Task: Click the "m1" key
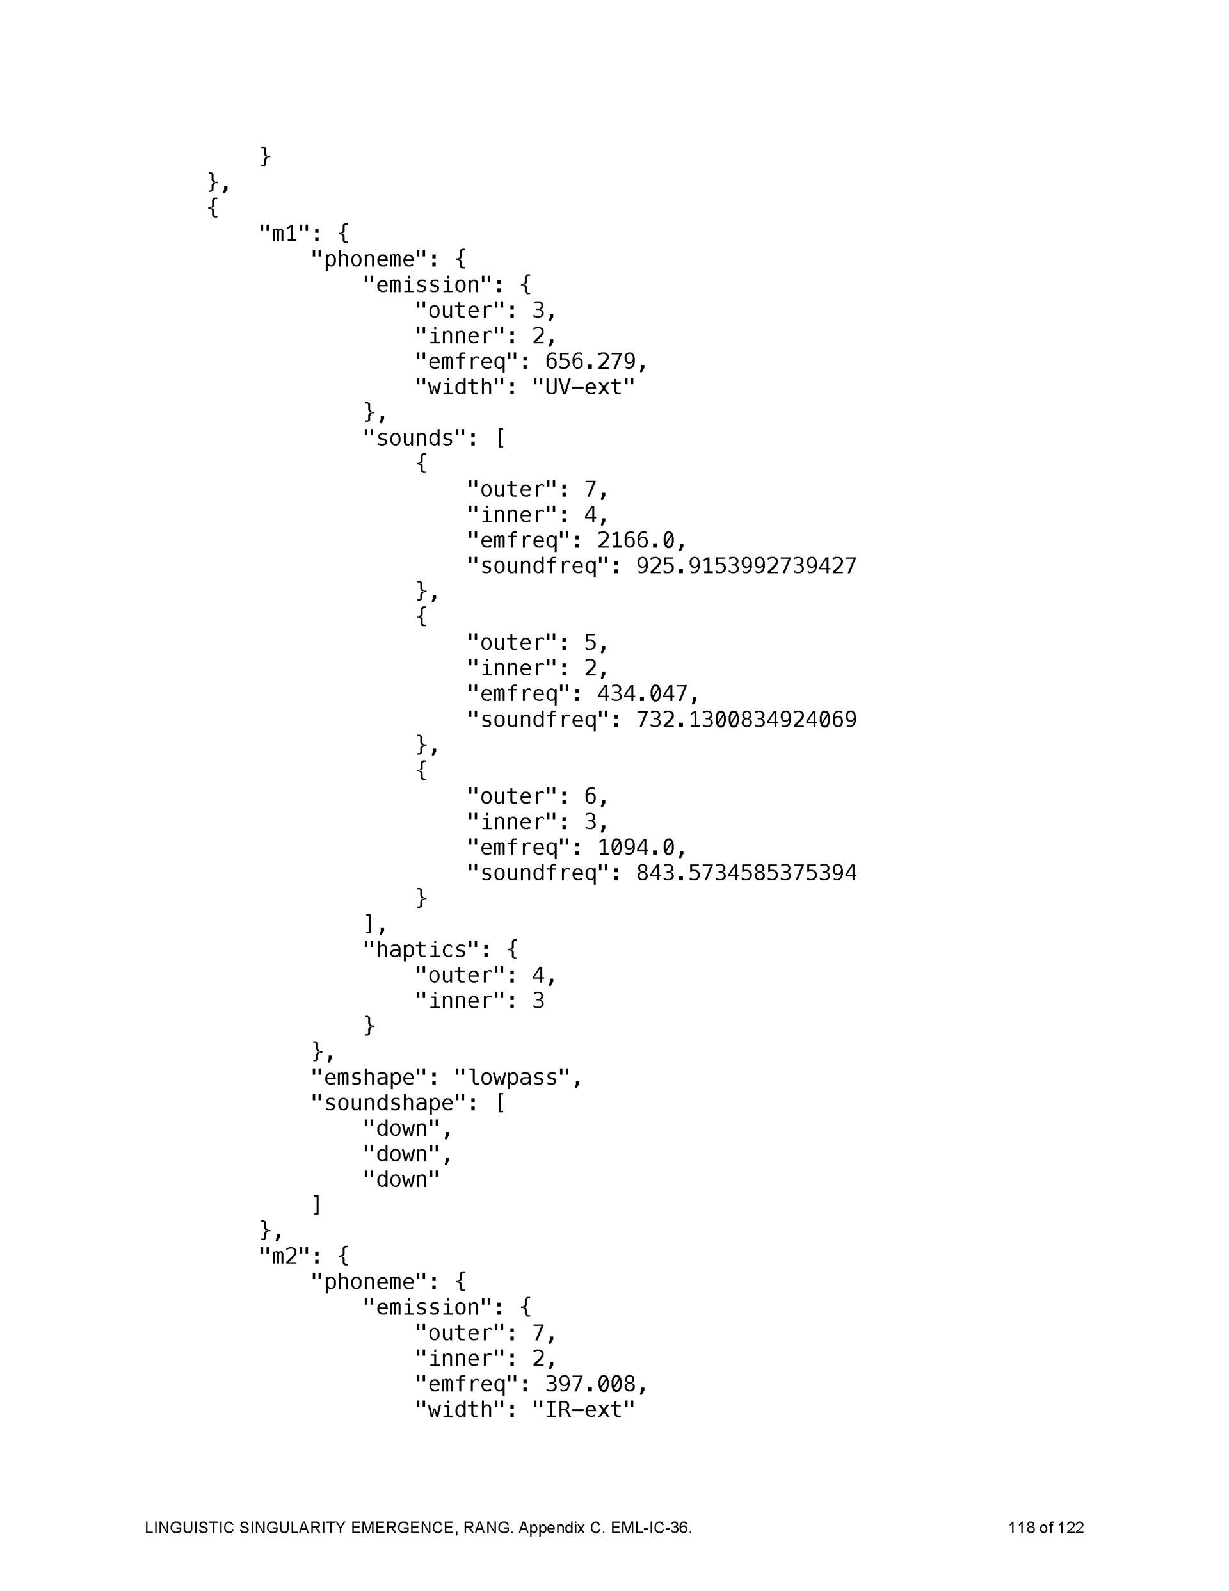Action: (x=285, y=234)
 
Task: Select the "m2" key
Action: (x=285, y=1255)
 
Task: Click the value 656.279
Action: (x=590, y=361)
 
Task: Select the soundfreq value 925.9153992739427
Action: (x=746, y=566)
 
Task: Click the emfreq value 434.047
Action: (x=642, y=693)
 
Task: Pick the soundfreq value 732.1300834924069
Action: (x=746, y=720)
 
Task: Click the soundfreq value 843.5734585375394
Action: (x=746, y=873)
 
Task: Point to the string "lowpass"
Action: (x=511, y=1078)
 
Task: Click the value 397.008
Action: (x=590, y=1384)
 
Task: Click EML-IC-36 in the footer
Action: (x=650, y=1528)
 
